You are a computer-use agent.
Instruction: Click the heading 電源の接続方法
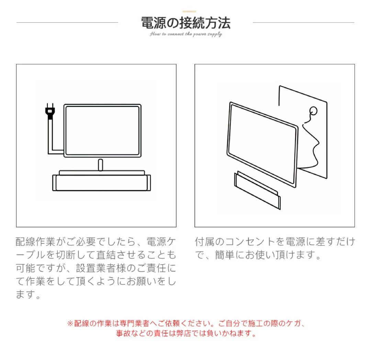[x=185, y=23]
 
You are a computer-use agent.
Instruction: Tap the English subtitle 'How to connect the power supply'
[x=185, y=34]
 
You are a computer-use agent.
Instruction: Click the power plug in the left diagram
[x=50, y=112]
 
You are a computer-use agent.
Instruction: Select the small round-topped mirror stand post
[x=100, y=165]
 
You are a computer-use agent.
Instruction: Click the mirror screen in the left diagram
[x=102, y=130]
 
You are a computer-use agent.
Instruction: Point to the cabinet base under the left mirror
[x=102, y=183]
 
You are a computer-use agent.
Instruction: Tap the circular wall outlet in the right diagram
[x=313, y=111]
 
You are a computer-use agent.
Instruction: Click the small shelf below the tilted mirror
[x=257, y=191]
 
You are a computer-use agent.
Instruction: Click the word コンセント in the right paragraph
[x=247, y=242]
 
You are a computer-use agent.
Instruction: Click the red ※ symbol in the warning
[x=70, y=324]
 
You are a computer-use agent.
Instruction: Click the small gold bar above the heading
[x=189, y=12]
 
